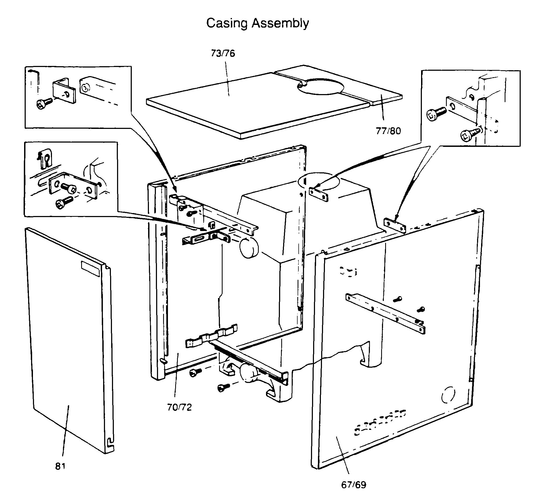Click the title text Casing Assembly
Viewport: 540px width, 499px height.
click(257, 23)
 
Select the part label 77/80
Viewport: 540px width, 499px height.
click(388, 131)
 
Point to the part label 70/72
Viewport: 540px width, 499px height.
click(179, 407)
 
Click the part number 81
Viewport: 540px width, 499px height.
click(60, 466)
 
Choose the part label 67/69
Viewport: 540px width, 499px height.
click(354, 485)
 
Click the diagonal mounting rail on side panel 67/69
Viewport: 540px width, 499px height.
click(385, 313)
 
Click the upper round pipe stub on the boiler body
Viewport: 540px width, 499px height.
click(249, 248)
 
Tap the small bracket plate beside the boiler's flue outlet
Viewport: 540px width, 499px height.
click(318, 194)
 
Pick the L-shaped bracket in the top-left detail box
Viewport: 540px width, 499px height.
click(64, 91)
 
